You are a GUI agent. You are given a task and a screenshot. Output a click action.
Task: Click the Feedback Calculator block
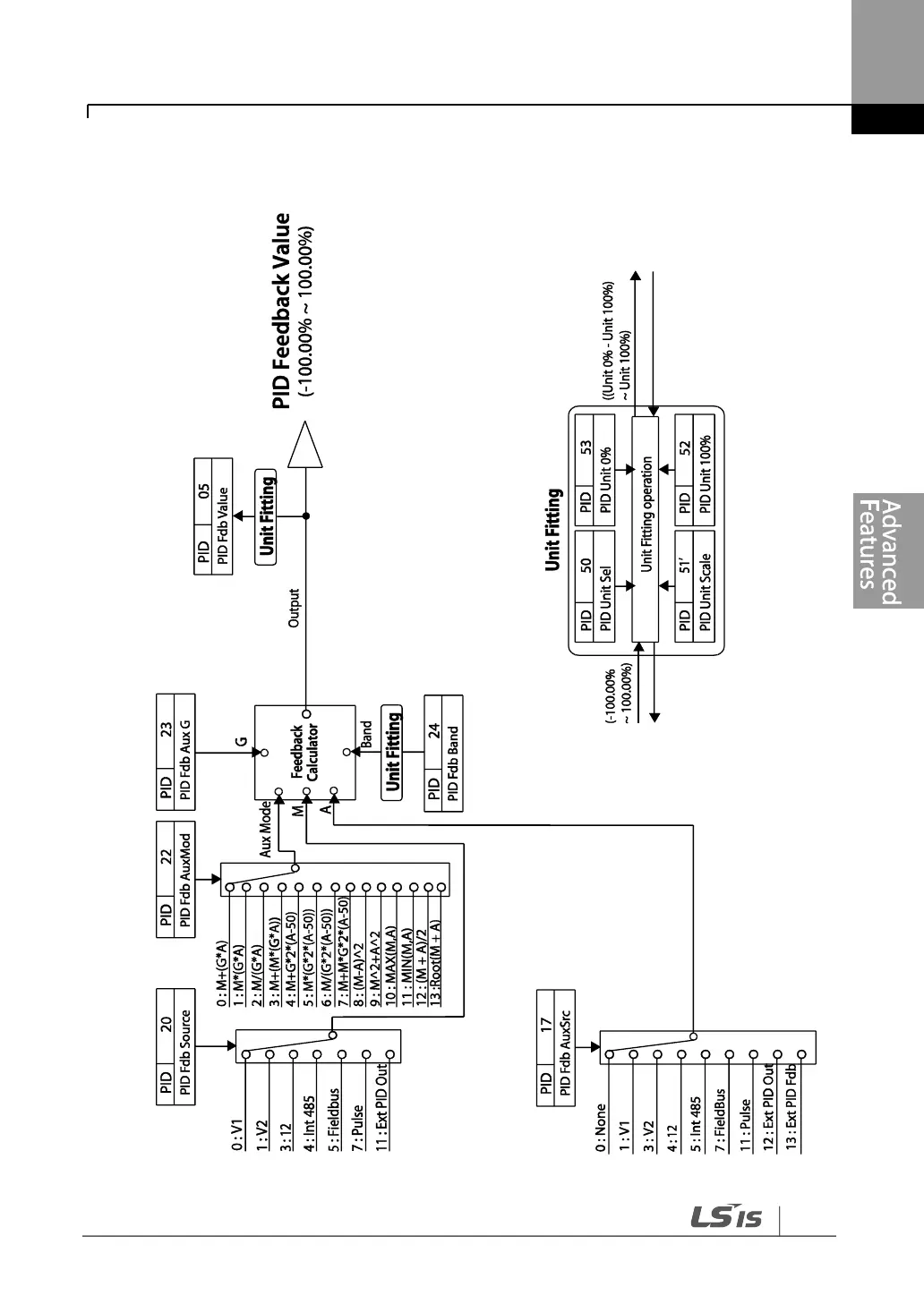(x=304, y=753)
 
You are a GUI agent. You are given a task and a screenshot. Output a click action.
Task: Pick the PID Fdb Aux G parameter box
(x=176, y=753)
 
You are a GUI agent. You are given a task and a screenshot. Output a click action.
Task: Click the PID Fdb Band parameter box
(x=444, y=753)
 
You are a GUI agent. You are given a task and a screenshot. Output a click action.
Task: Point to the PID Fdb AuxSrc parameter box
(x=556, y=1047)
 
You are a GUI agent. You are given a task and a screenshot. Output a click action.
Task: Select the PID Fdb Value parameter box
(x=213, y=516)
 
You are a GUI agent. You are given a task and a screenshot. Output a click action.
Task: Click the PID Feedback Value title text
(x=282, y=311)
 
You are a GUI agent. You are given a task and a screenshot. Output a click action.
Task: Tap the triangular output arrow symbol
(x=305, y=445)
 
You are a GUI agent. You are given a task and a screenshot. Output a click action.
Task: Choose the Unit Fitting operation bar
(x=646, y=529)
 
